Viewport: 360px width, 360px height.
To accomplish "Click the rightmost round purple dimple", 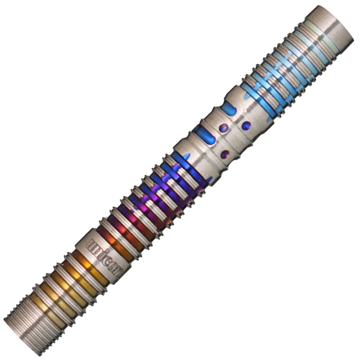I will (246, 126).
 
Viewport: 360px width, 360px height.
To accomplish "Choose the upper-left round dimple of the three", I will (224, 127).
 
